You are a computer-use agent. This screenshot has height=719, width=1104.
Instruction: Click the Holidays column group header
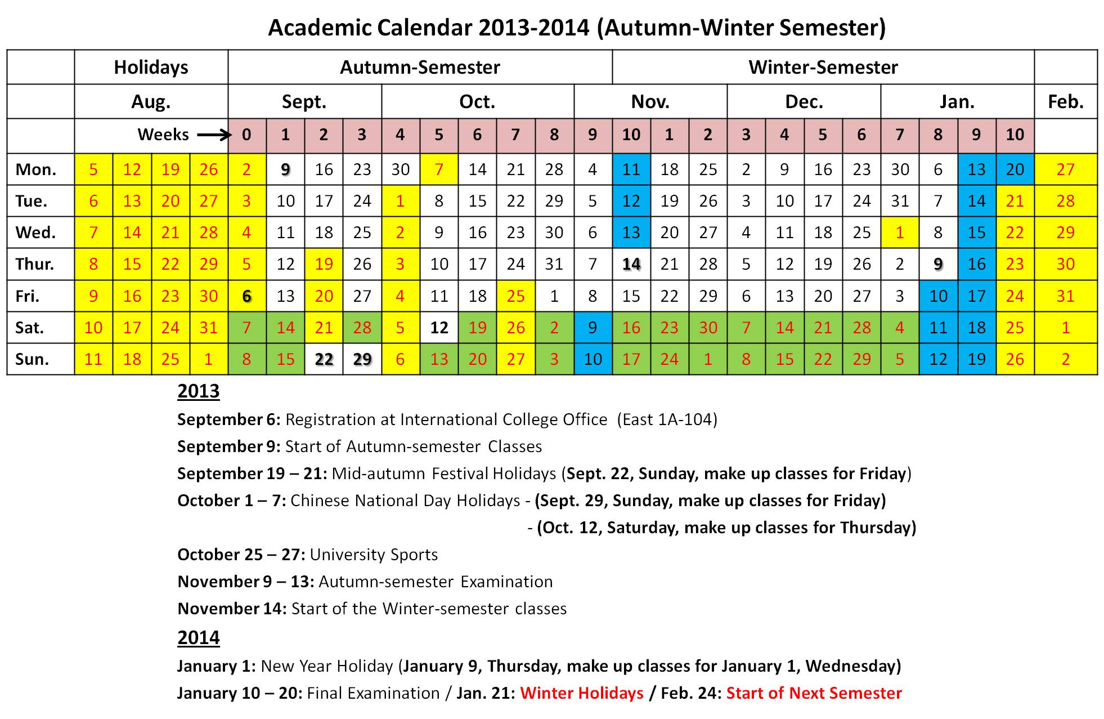151,68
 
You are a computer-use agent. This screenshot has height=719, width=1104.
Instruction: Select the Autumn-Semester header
420,68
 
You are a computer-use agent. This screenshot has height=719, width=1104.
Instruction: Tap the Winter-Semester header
823,68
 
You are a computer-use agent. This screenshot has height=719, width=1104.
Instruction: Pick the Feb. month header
1066,102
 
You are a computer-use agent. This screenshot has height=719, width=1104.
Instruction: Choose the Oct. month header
477,102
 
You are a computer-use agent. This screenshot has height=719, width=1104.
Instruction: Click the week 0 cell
246,135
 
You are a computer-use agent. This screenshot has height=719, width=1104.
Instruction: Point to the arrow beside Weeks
214,135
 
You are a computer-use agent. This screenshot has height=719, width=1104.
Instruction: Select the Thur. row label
35,264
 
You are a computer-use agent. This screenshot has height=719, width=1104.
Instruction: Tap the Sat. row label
30,328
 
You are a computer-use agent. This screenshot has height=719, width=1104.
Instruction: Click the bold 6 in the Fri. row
246,296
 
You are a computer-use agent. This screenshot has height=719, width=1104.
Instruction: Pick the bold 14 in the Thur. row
631,264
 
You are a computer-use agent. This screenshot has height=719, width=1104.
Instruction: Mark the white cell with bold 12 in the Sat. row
439,328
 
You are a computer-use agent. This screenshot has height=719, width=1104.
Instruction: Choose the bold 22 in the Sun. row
324,359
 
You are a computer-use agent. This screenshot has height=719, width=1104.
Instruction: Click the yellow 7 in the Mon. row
439,169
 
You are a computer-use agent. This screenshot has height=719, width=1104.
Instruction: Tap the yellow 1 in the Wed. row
899,233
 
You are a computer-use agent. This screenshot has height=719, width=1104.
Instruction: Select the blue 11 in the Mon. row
631,169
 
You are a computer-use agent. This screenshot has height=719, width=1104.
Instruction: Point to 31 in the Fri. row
1066,296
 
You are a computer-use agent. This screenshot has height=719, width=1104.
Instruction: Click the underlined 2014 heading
198,637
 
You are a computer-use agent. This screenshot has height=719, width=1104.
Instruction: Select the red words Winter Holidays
581,693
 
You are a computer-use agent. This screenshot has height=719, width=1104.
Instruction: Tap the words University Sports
374,555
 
